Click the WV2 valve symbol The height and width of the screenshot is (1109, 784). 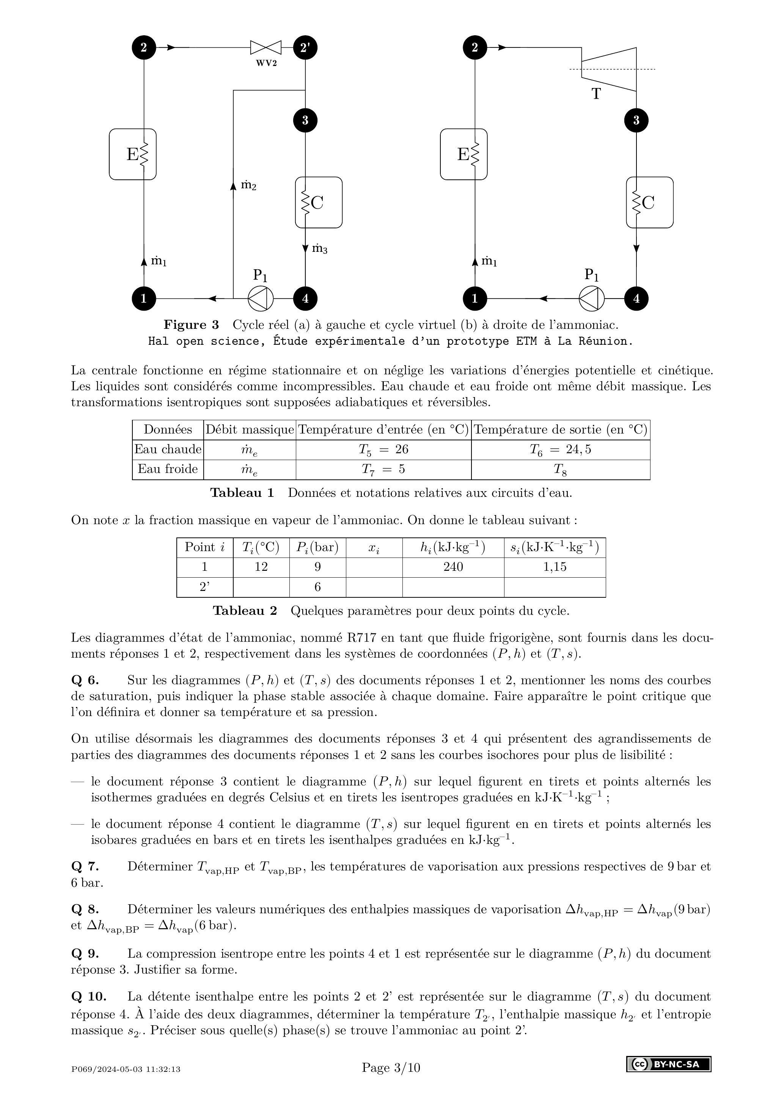265,47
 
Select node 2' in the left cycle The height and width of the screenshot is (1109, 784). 305,47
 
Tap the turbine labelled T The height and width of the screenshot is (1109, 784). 609,69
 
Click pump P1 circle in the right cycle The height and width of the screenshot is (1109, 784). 591,298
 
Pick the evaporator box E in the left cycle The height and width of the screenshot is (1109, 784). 133,154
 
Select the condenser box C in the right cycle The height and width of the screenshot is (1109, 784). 650,203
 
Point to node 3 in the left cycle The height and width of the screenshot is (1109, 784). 305,120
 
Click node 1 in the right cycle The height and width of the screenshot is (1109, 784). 474,298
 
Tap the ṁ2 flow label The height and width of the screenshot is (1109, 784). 248,185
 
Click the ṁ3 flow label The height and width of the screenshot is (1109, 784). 319,249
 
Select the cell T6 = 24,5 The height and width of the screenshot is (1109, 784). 560,450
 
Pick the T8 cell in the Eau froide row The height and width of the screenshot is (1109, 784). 560,470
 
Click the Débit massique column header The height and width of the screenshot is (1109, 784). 249,429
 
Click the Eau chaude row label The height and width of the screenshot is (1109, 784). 168,450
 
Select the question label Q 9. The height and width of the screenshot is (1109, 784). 85,954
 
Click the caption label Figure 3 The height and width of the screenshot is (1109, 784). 191,325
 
